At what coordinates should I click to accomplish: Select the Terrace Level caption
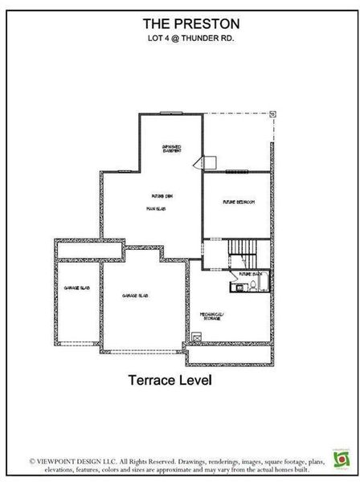pyautogui.click(x=170, y=381)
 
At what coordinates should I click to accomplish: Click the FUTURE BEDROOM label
pyautogui.click(x=239, y=202)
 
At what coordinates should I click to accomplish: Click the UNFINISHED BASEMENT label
pyautogui.click(x=171, y=149)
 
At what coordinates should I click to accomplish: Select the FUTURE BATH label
pyautogui.click(x=252, y=275)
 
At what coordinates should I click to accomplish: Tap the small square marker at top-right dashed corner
pyautogui.click(x=272, y=115)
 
